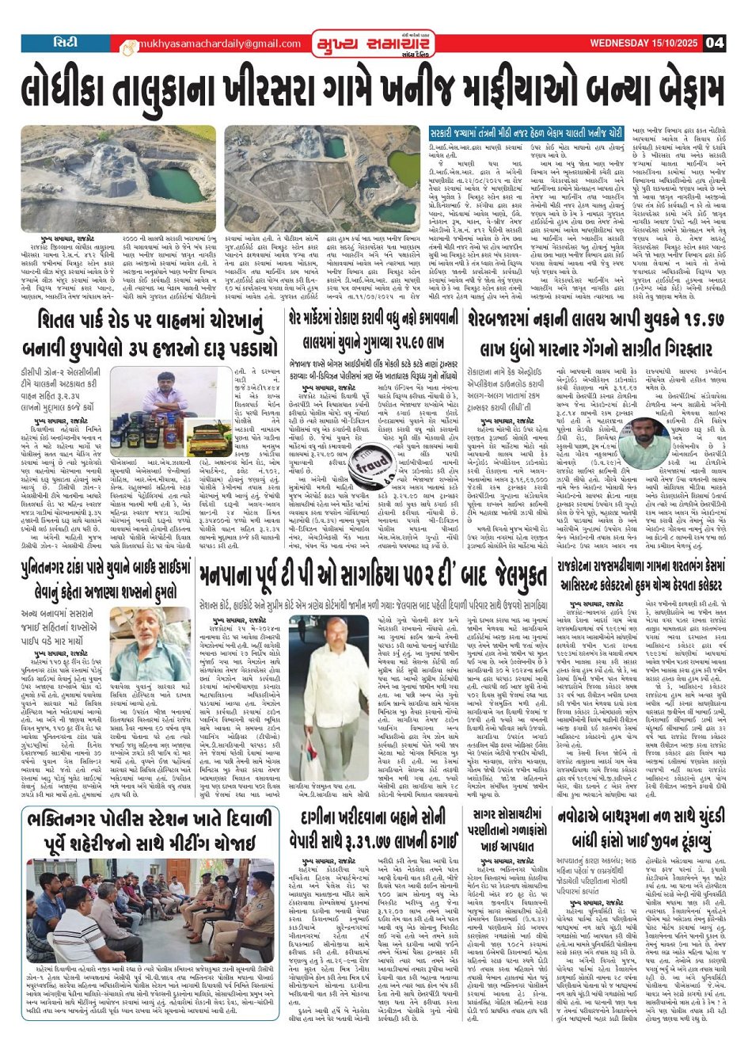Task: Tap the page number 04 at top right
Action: [715, 43]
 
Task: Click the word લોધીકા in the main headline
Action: [78, 88]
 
